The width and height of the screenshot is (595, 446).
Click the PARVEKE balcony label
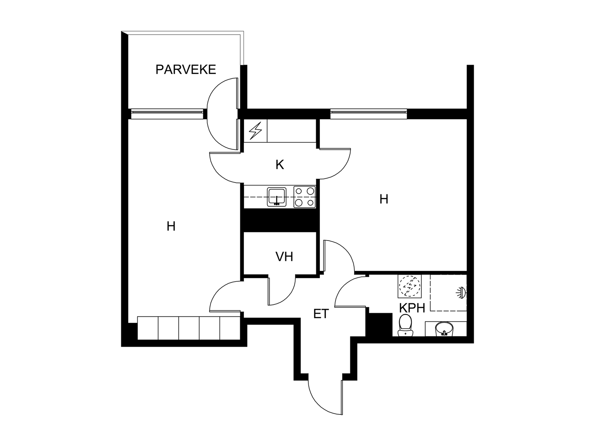186,70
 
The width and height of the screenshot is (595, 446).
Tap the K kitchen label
280,165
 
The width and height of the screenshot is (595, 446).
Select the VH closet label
284,256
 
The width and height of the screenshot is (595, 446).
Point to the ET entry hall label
321,314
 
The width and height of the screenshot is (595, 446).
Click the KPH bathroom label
412,308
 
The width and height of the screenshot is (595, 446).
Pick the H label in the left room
171,226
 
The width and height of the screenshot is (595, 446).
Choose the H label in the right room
384,199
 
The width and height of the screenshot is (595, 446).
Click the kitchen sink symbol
276,197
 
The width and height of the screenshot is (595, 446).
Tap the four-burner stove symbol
304,197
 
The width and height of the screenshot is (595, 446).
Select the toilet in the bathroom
405,325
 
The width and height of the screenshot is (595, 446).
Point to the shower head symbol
461,293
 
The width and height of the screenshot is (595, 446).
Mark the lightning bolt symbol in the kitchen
255,131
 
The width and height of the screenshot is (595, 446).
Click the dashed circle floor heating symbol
409,286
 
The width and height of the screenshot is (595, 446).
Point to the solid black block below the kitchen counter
280,220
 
